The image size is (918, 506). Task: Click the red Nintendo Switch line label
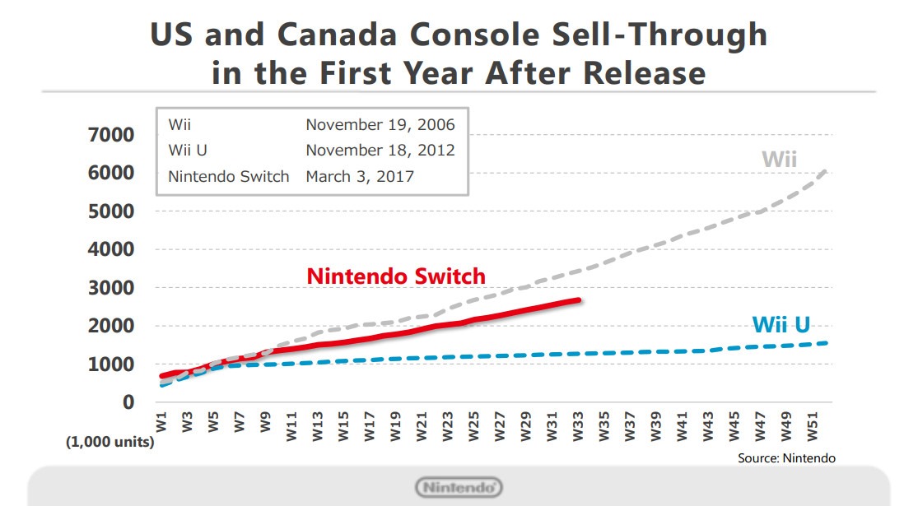click(x=396, y=276)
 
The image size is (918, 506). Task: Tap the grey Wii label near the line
click(x=779, y=159)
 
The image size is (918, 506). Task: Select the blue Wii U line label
click(x=781, y=325)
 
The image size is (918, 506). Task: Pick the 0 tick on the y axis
click(x=128, y=402)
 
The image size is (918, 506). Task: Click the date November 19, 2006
click(x=380, y=125)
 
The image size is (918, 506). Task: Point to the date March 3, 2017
click(x=360, y=176)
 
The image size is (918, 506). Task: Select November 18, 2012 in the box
click(x=380, y=151)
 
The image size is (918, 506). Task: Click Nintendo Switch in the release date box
click(x=229, y=176)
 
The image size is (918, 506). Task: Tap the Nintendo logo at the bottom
click(x=459, y=487)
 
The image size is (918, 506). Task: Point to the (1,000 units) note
click(x=110, y=442)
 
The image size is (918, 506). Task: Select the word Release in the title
click(x=645, y=72)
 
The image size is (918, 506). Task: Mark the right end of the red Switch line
click(x=580, y=300)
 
